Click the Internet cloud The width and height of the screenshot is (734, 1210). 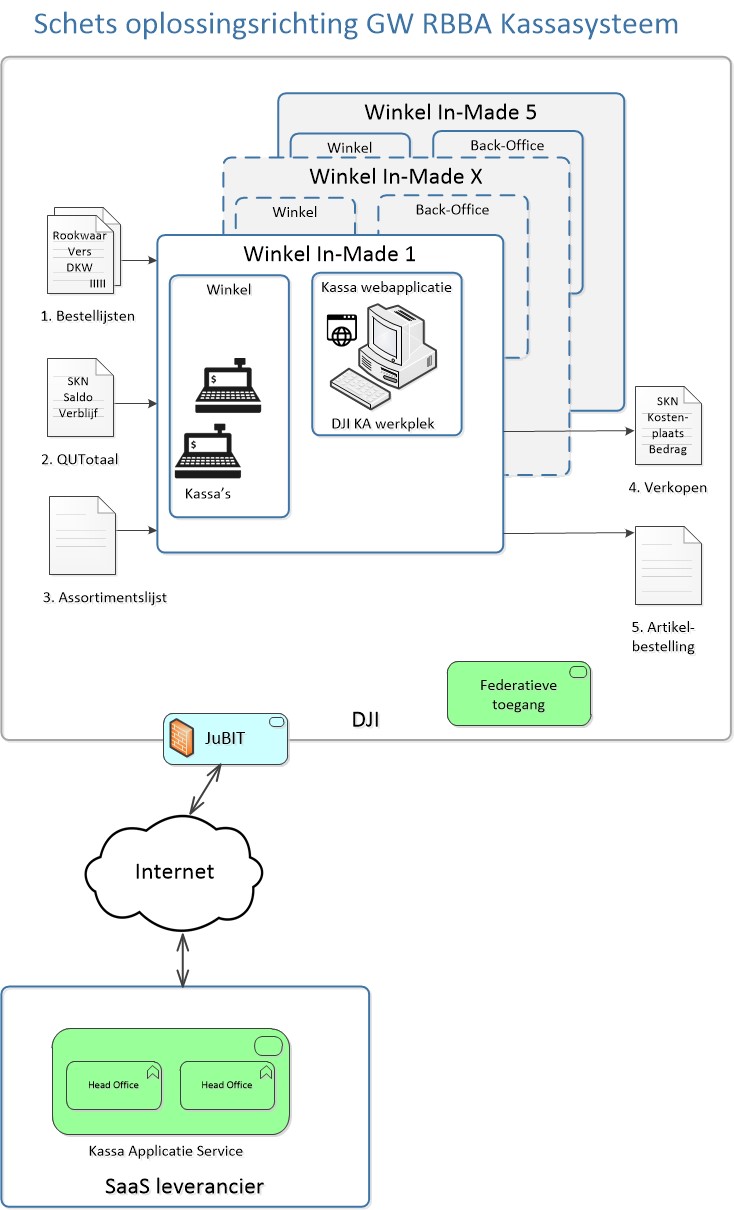pyautogui.click(x=173, y=873)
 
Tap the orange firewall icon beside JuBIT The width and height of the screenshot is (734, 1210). pyautogui.click(x=181, y=737)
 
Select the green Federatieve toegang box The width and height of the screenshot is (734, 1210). pyautogui.click(x=518, y=694)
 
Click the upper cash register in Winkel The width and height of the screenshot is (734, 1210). pyautogui.click(x=228, y=386)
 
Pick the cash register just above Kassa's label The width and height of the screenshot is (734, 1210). pyautogui.click(x=208, y=451)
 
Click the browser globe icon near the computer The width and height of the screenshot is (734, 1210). pyautogui.click(x=342, y=330)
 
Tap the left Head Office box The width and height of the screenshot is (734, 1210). pyautogui.click(x=114, y=1085)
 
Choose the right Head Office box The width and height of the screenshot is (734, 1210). pyautogui.click(x=227, y=1085)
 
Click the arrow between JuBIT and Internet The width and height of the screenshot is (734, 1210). pyautogui.click(x=205, y=789)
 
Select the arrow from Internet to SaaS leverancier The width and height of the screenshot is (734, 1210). pyautogui.click(x=183, y=960)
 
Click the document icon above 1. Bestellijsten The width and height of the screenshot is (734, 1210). pyautogui.click(x=84, y=251)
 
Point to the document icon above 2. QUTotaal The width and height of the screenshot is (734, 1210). pyautogui.click(x=80, y=397)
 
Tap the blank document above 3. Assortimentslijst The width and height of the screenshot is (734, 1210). pyautogui.click(x=82, y=535)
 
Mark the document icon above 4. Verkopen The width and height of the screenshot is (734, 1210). pyautogui.click(x=668, y=426)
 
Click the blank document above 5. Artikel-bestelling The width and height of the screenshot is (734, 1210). pyautogui.click(x=668, y=565)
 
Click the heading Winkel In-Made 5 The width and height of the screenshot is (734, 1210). pyautogui.click(x=450, y=112)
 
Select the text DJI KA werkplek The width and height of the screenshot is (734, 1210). pyautogui.click(x=383, y=424)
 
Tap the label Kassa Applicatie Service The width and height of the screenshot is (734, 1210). pyautogui.click(x=166, y=1151)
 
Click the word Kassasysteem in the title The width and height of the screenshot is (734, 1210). pyautogui.click(x=589, y=24)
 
